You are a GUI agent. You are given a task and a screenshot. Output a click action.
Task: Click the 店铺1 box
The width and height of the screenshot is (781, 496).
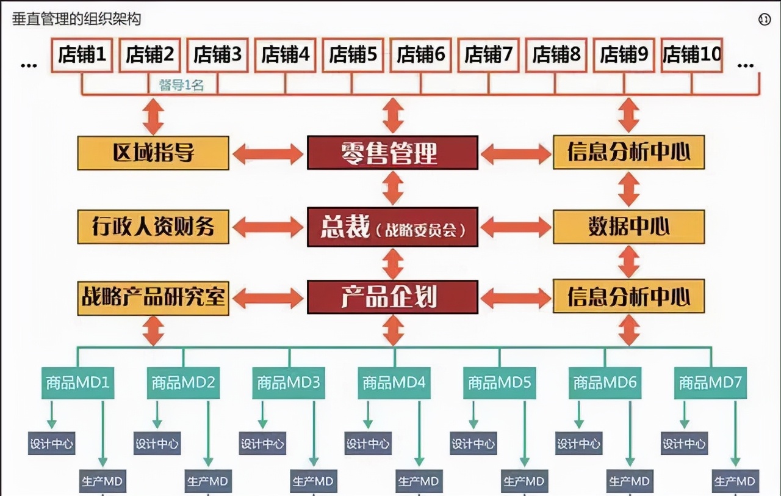click(x=82, y=55)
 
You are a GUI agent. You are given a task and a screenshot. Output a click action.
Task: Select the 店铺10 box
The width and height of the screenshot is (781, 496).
click(x=692, y=55)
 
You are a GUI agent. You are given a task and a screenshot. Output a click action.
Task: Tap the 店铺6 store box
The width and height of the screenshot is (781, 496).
click(x=420, y=55)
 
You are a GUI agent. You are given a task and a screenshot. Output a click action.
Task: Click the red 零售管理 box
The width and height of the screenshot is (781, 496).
click(x=392, y=153)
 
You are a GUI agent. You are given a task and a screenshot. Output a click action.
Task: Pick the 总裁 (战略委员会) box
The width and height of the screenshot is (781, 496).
click(x=392, y=228)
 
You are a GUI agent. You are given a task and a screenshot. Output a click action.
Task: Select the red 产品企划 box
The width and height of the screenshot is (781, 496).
click(x=392, y=297)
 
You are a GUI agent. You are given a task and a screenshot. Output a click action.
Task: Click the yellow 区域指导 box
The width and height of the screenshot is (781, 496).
click(x=153, y=153)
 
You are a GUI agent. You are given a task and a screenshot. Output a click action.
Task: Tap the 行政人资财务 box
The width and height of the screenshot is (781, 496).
click(x=153, y=227)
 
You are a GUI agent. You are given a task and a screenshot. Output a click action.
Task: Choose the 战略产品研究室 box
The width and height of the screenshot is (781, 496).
click(x=153, y=297)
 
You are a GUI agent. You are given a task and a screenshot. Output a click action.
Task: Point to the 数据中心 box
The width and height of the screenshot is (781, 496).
click(x=628, y=227)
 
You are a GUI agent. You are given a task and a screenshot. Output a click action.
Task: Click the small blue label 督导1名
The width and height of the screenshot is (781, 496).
click(x=181, y=86)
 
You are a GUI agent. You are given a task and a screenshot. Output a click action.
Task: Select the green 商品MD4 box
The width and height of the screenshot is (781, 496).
click(x=394, y=383)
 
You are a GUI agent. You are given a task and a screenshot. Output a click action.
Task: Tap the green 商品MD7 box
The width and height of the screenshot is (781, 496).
click(x=710, y=383)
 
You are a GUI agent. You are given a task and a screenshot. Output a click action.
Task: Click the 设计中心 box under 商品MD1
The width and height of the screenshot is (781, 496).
click(x=52, y=443)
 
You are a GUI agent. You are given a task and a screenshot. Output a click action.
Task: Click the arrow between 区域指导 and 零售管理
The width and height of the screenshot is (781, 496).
click(x=268, y=153)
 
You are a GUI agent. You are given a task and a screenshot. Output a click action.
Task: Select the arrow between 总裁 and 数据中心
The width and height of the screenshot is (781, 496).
click(x=516, y=228)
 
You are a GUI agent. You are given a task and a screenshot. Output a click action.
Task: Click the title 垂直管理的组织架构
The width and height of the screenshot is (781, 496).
click(x=77, y=19)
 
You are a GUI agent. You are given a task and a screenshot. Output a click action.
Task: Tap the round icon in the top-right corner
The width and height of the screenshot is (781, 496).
click(x=765, y=20)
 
